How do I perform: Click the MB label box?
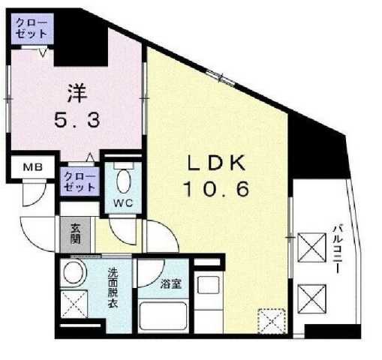pos(32,168)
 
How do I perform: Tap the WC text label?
pos(124,203)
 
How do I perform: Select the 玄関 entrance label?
pos(77,234)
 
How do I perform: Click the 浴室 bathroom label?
pos(170,284)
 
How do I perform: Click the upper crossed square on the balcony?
pos(310,245)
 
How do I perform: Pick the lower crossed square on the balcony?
pos(310,293)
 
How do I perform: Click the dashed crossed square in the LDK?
pos(271,321)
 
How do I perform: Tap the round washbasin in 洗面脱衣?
pos(74,272)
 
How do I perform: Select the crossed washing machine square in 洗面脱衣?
pos(74,305)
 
